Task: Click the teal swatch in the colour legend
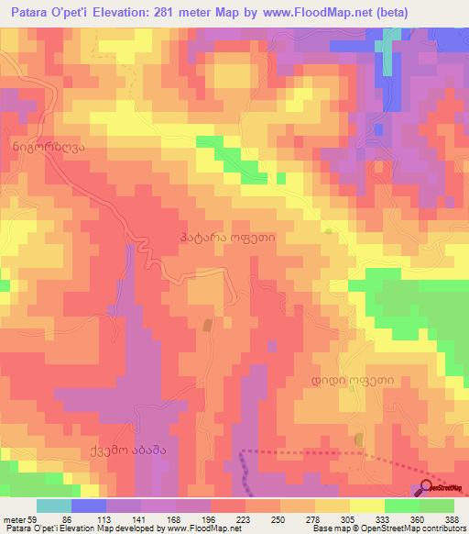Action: pyautogui.click(x=54, y=506)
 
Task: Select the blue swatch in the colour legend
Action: pyautogui.click(x=89, y=506)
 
